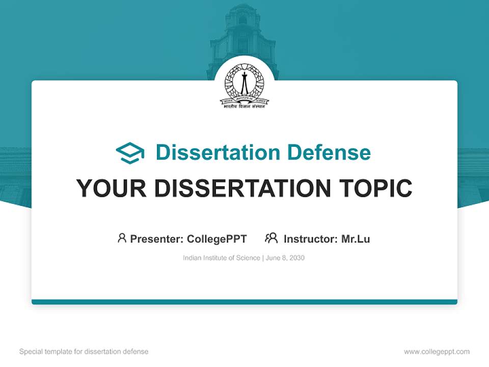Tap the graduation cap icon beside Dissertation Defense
click(x=130, y=152)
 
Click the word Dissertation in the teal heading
click(x=218, y=152)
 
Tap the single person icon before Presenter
click(x=122, y=238)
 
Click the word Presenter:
click(x=156, y=239)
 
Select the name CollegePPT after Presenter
click(x=217, y=239)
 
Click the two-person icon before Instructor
click(x=271, y=238)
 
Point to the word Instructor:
click(x=310, y=239)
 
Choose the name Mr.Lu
click(x=356, y=239)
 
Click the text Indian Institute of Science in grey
click(x=222, y=258)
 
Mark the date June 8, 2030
click(x=285, y=258)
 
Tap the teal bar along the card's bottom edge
click(x=244, y=302)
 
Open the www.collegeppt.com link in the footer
click(x=437, y=352)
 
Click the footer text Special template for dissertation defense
click(x=84, y=352)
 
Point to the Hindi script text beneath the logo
click(x=244, y=107)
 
